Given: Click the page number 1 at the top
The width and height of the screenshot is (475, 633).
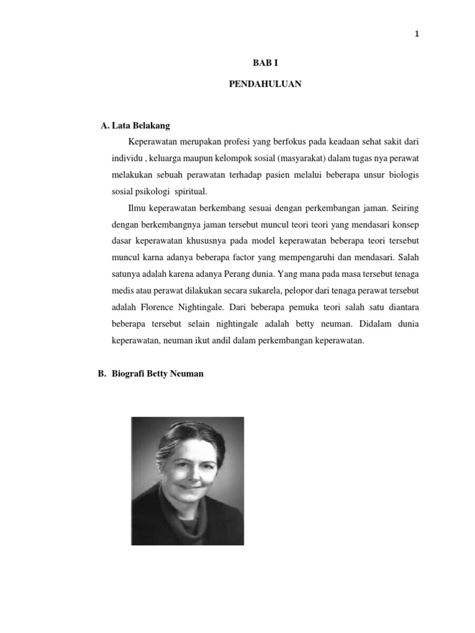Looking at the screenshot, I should [417, 35].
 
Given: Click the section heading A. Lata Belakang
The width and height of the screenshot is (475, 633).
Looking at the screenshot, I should [135, 126].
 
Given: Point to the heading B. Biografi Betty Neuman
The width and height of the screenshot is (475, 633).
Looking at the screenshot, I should [150, 375].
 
